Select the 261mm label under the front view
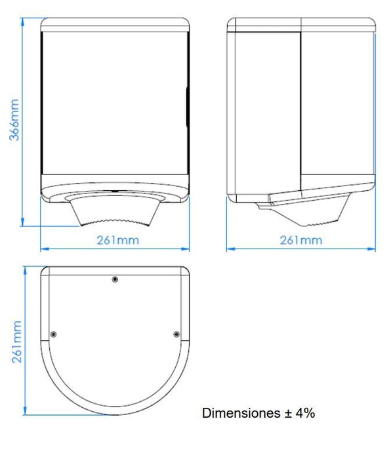(x=117, y=240)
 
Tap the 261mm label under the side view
(x=301, y=240)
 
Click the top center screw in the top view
(x=115, y=280)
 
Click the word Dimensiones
(x=240, y=414)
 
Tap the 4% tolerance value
(x=306, y=414)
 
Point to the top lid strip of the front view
(x=115, y=24)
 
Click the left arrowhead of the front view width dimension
(x=43, y=249)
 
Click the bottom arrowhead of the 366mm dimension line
(x=24, y=223)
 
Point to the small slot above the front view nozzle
(x=115, y=191)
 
